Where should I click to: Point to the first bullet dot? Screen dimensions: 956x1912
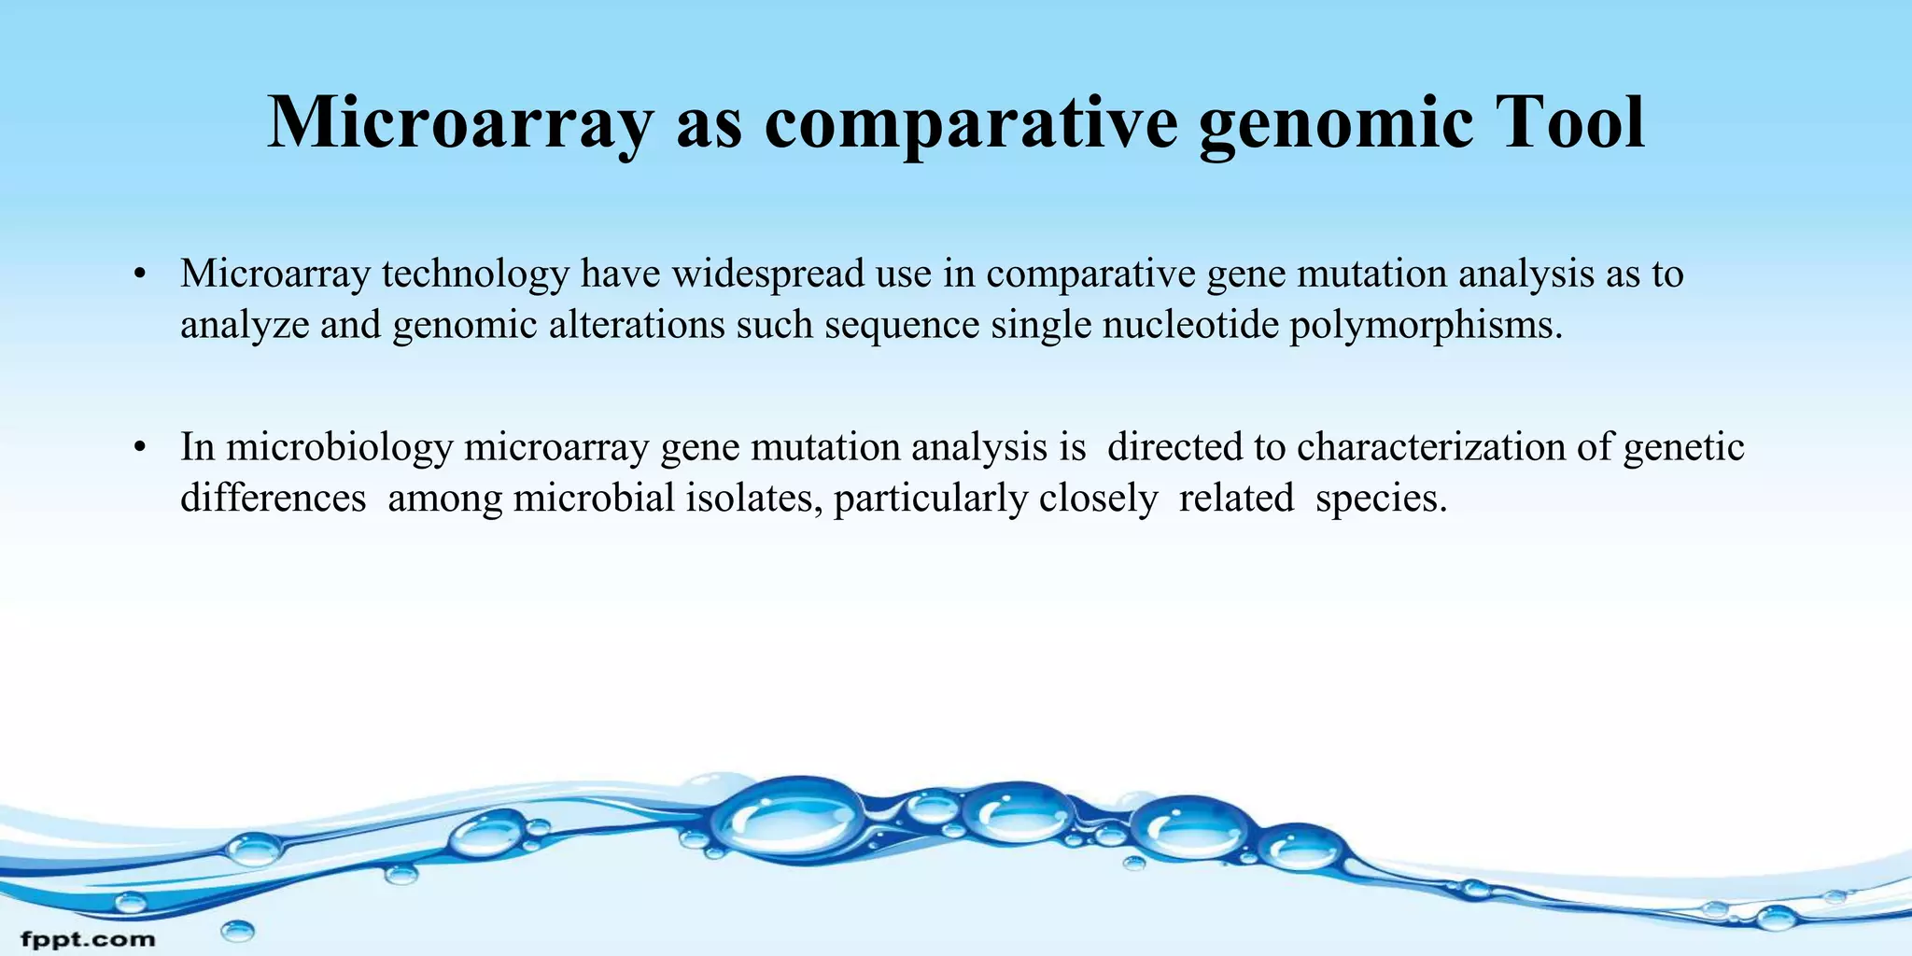point(140,274)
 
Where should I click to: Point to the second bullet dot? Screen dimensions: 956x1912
point(140,448)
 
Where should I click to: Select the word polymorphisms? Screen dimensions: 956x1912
point(1426,326)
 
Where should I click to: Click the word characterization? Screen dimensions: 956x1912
point(1431,447)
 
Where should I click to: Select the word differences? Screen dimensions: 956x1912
point(273,498)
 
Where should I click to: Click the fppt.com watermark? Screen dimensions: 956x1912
point(88,938)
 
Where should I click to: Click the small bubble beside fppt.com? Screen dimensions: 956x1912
point(237,930)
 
